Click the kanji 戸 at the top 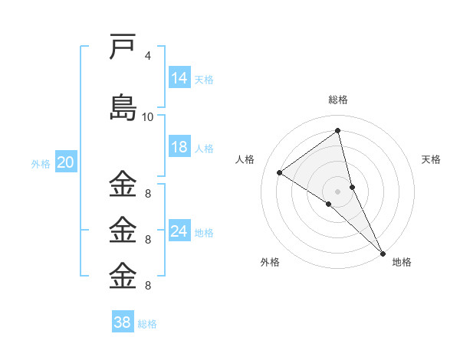coord(123,47)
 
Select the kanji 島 coord(123,106)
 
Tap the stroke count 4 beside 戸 coord(147,56)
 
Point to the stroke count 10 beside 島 coord(147,116)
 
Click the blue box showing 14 coord(179,78)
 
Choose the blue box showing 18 coord(179,147)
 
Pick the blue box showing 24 coord(179,231)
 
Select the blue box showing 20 coord(66,162)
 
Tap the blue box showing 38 coord(122,322)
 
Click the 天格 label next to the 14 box coord(204,79)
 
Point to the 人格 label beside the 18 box coord(204,148)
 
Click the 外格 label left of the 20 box coord(41,163)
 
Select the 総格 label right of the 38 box coord(147,323)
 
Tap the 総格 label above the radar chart coord(337,100)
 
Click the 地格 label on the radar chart coord(402,262)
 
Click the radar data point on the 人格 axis coord(280,172)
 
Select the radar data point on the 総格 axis coord(337,131)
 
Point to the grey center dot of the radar coord(337,191)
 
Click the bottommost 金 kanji coord(123,276)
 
